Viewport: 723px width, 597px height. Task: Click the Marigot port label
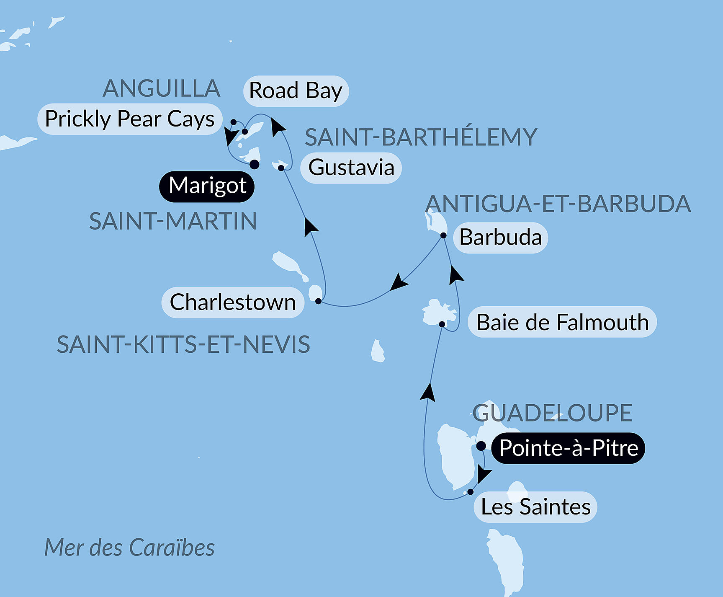207,186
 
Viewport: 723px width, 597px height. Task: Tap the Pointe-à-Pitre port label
568,448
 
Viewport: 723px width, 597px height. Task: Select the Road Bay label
296,91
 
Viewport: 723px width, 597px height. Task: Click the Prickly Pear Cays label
130,119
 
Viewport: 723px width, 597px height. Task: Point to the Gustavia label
351,168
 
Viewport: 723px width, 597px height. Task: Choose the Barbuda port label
500,238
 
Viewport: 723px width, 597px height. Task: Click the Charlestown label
233,302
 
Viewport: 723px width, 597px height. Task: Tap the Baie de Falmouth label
562,323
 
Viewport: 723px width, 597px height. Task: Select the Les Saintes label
535,507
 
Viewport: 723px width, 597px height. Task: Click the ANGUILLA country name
162,88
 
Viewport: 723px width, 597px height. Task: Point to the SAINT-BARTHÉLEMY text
421,137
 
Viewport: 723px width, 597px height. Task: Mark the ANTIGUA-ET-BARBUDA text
558,204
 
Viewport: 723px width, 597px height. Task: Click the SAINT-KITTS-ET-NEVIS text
183,344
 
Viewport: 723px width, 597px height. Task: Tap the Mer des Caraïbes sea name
129,548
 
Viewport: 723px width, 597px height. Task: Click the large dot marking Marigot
254,164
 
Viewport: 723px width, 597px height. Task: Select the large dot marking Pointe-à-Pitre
481,445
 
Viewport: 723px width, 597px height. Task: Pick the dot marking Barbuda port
443,235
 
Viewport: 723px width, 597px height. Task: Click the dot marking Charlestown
318,301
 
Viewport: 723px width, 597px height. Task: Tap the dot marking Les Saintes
471,492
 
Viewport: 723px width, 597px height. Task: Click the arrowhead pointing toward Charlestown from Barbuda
398,282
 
